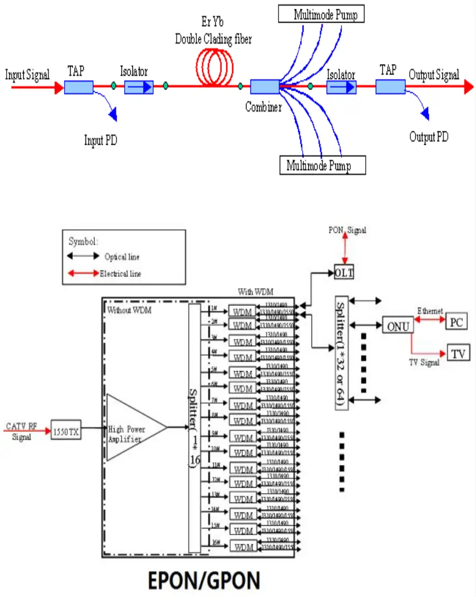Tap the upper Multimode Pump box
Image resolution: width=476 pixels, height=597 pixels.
coord(322,14)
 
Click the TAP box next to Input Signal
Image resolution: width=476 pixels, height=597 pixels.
coord(78,87)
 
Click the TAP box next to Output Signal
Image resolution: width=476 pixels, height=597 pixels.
coord(390,87)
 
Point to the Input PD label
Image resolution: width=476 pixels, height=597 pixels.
coord(100,140)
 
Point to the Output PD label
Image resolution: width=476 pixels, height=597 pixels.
coord(429,136)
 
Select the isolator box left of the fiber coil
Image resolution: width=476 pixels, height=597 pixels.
coord(138,87)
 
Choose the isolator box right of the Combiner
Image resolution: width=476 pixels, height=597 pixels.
coord(341,87)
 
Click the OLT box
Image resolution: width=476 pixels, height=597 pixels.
coord(344,272)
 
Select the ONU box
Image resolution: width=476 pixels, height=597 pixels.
coord(397,326)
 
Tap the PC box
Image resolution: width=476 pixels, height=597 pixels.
coord(456,321)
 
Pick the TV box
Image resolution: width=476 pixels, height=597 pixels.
coord(458,353)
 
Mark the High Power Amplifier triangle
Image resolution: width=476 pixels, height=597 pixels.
coord(132,427)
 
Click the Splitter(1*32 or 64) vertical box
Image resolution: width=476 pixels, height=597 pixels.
coord(341,353)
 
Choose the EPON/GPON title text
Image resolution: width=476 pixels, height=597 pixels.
coord(204,580)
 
